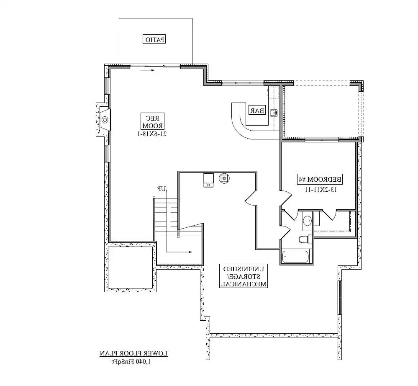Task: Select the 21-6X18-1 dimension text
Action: pyautogui.click(x=153, y=134)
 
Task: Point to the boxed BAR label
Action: pyautogui.click(x=257, y=111)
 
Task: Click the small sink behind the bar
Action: pyautogui.click(x=274, y=113)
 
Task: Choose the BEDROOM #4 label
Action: pyautogui.click(x=320, y=179)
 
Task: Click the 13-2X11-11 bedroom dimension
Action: pyautogui.click(x=320, y=190)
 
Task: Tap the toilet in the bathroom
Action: pyautogui.click(x=304, y=240)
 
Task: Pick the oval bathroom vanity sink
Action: pyautogui.click(x=307, y=221)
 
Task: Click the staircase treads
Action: pyautogui.click(x=166, y=216)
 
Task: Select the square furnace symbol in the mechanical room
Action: pyautogui.click(x=208, y=180)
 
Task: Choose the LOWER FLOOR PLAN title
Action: pyautogui.click(x=133, y=353)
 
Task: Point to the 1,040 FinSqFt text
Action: pyautogui.click(x=133, y=361)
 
